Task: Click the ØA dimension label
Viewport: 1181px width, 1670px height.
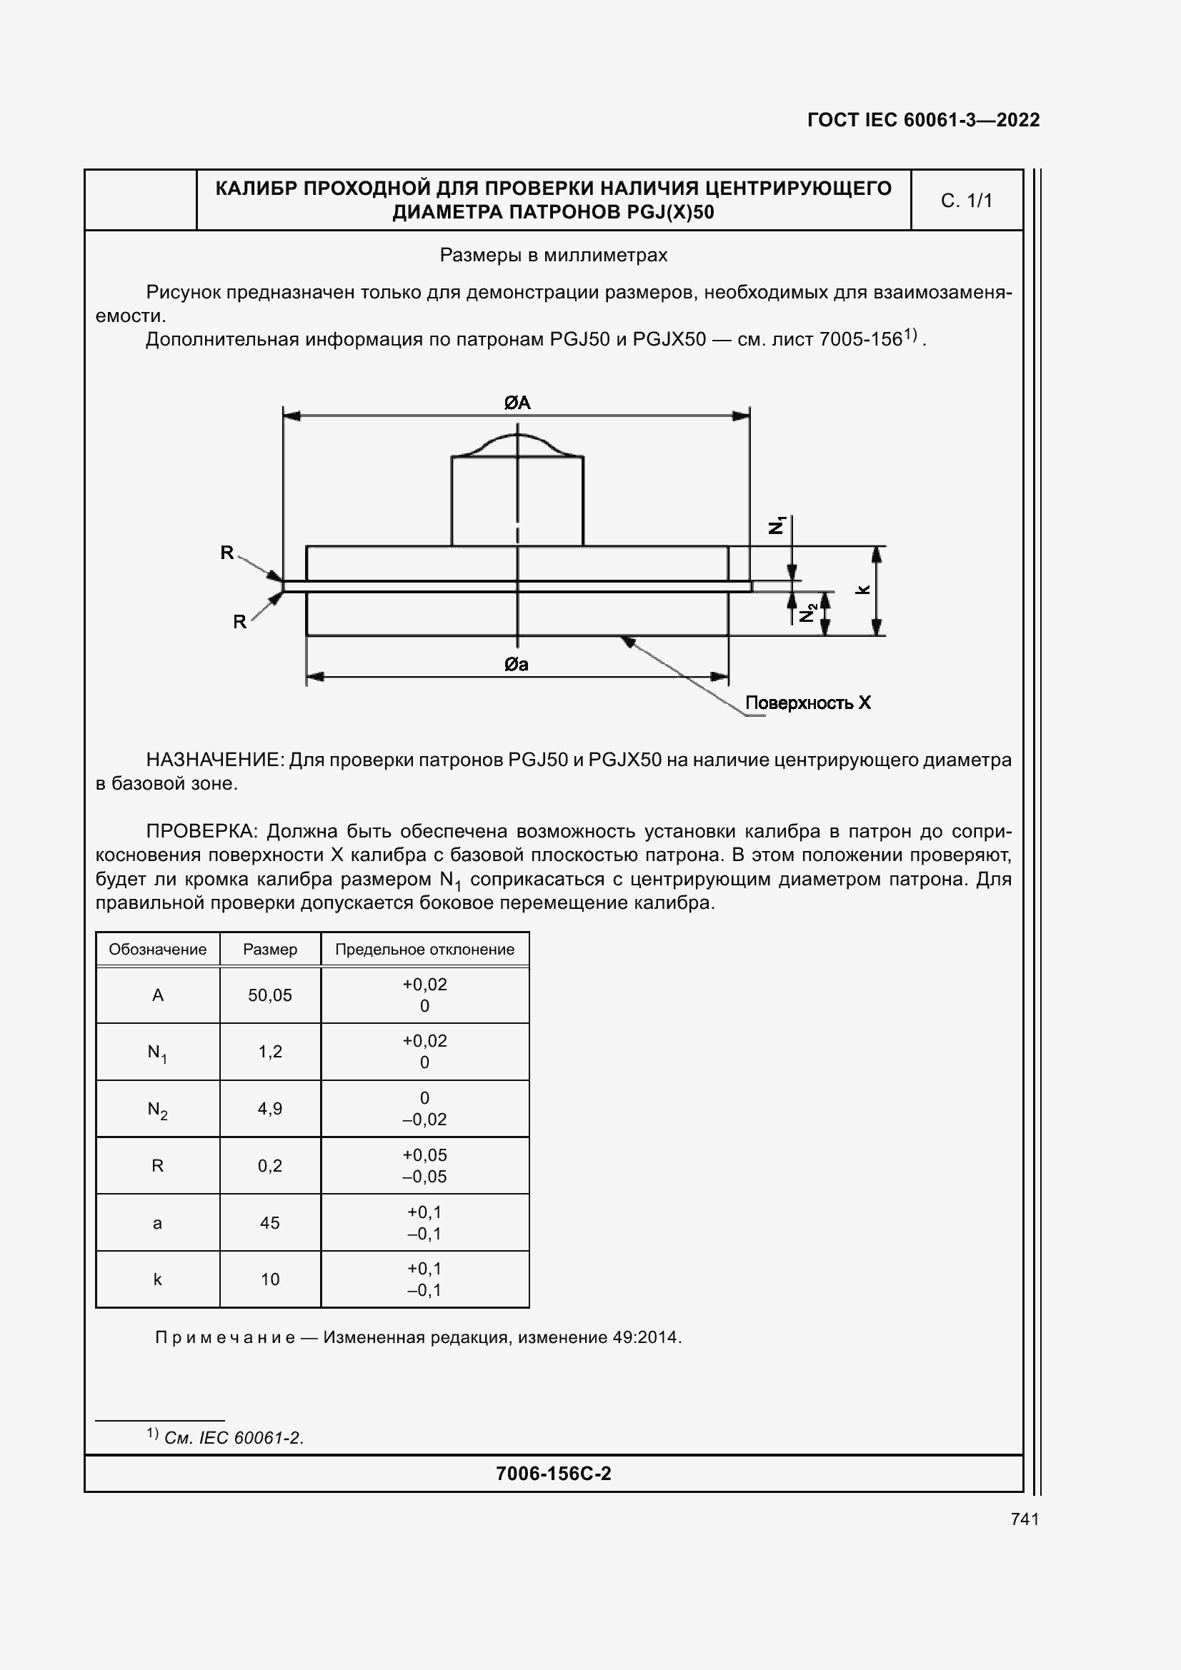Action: [517, 402]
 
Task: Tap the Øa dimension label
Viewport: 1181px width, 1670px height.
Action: [517, 664]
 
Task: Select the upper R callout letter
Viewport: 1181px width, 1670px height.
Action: [227, 553]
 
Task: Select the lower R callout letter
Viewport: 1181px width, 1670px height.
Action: [239, 622]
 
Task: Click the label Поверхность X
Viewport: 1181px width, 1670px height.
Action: [808, 703]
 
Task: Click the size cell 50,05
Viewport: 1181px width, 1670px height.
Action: [270, 995]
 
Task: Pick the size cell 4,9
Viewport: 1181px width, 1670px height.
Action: [270, 1109]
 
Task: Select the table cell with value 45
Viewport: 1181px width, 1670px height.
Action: [270, 1222]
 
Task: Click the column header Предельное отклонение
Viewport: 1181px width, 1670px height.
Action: [424, 949]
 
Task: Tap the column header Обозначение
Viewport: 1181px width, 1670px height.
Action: [157, 949]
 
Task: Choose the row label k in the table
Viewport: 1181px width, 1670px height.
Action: [157, 1279]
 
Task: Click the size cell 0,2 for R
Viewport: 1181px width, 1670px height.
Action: [270, 1165]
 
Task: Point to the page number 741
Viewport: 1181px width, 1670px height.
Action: [1025, 1519]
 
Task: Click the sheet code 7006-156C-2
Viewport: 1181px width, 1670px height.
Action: [553, 1474]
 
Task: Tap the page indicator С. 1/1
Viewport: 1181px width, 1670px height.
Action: [967, 201]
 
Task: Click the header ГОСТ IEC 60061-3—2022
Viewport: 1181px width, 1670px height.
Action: [923, 120]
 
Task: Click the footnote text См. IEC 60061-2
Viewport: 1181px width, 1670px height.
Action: [234, 1438]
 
